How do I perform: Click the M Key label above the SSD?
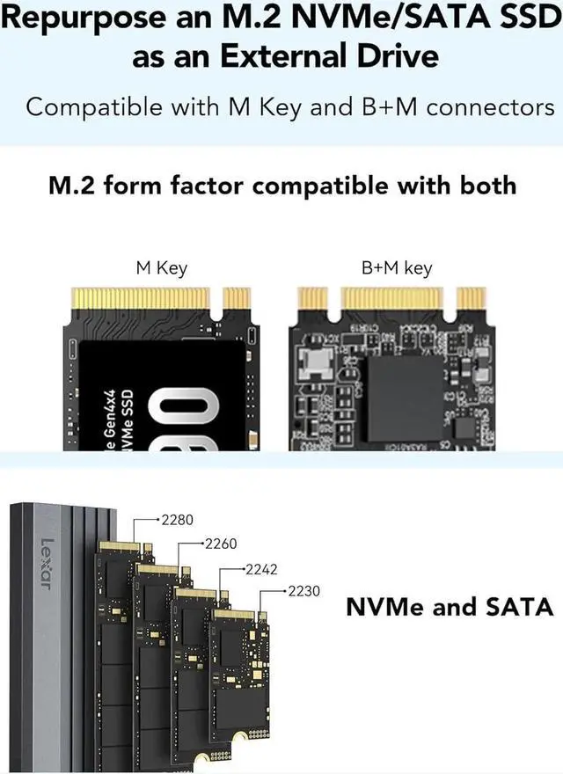(161, 268)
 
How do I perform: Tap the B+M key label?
(397, 268)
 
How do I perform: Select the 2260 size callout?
(220, 544)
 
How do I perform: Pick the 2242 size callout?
(261, 570)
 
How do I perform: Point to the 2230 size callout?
(304, 592)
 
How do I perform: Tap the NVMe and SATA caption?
(449, 607)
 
